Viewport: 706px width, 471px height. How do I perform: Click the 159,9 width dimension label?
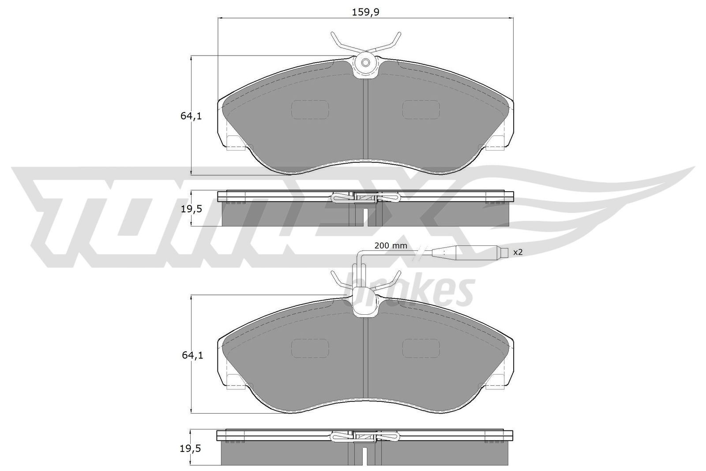coord(366,12)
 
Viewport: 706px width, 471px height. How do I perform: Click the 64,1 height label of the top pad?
coord(191,117)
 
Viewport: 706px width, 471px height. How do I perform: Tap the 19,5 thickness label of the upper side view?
coord(191,210)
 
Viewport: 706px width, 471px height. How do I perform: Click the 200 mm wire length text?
coord(391,246)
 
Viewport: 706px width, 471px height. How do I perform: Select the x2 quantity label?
coord(518,252)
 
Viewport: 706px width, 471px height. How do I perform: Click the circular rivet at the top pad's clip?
coord(366,63)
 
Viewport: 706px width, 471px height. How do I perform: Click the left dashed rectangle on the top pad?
coord(310,109)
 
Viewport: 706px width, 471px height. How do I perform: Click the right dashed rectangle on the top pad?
coord(421,109)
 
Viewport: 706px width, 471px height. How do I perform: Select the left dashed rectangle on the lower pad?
coord(310,348)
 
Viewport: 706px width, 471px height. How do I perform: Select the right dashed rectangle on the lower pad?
coord(421,348)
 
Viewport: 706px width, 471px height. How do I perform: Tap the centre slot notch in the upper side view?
coord(365,217)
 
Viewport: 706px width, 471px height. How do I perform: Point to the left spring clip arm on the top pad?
coord(340,42)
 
